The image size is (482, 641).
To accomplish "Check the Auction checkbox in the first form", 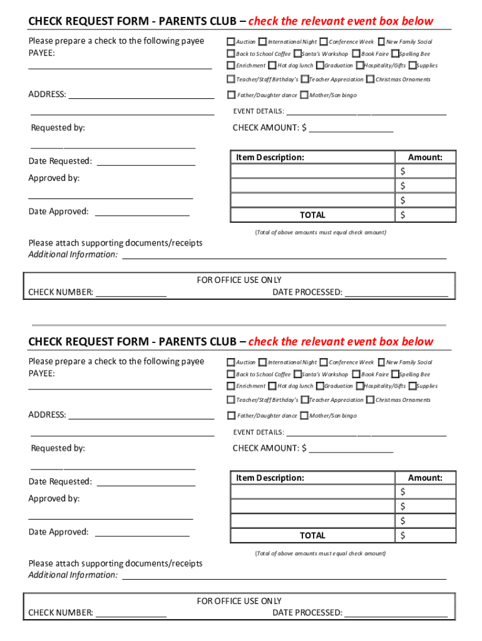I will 230,42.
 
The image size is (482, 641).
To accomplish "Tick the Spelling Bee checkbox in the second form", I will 395,374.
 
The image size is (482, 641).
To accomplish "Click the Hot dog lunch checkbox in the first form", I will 272,65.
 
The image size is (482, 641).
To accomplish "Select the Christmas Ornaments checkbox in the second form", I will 371,400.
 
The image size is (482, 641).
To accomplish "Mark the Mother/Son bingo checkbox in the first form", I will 304,95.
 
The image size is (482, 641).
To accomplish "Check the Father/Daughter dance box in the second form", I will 231,416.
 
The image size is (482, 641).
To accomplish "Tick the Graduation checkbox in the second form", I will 320,386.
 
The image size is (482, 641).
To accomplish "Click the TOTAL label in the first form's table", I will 312,215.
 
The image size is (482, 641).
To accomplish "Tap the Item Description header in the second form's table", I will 270,478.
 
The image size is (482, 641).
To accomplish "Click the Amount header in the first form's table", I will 425,157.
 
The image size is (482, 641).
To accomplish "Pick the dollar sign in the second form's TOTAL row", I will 403,535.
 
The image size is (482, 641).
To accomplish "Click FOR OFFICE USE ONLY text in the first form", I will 239,280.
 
